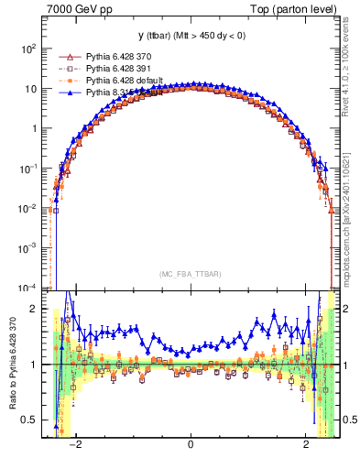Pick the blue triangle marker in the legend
[x=64, y=93]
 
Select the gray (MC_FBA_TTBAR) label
[x=190, y=274]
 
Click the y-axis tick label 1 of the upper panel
[x=35, y=128]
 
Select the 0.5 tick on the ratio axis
[x=30, y=420]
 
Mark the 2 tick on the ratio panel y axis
[x=35, y=309]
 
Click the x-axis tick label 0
[x=191, y=448]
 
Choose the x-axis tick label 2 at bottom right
[x=306, y=448]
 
